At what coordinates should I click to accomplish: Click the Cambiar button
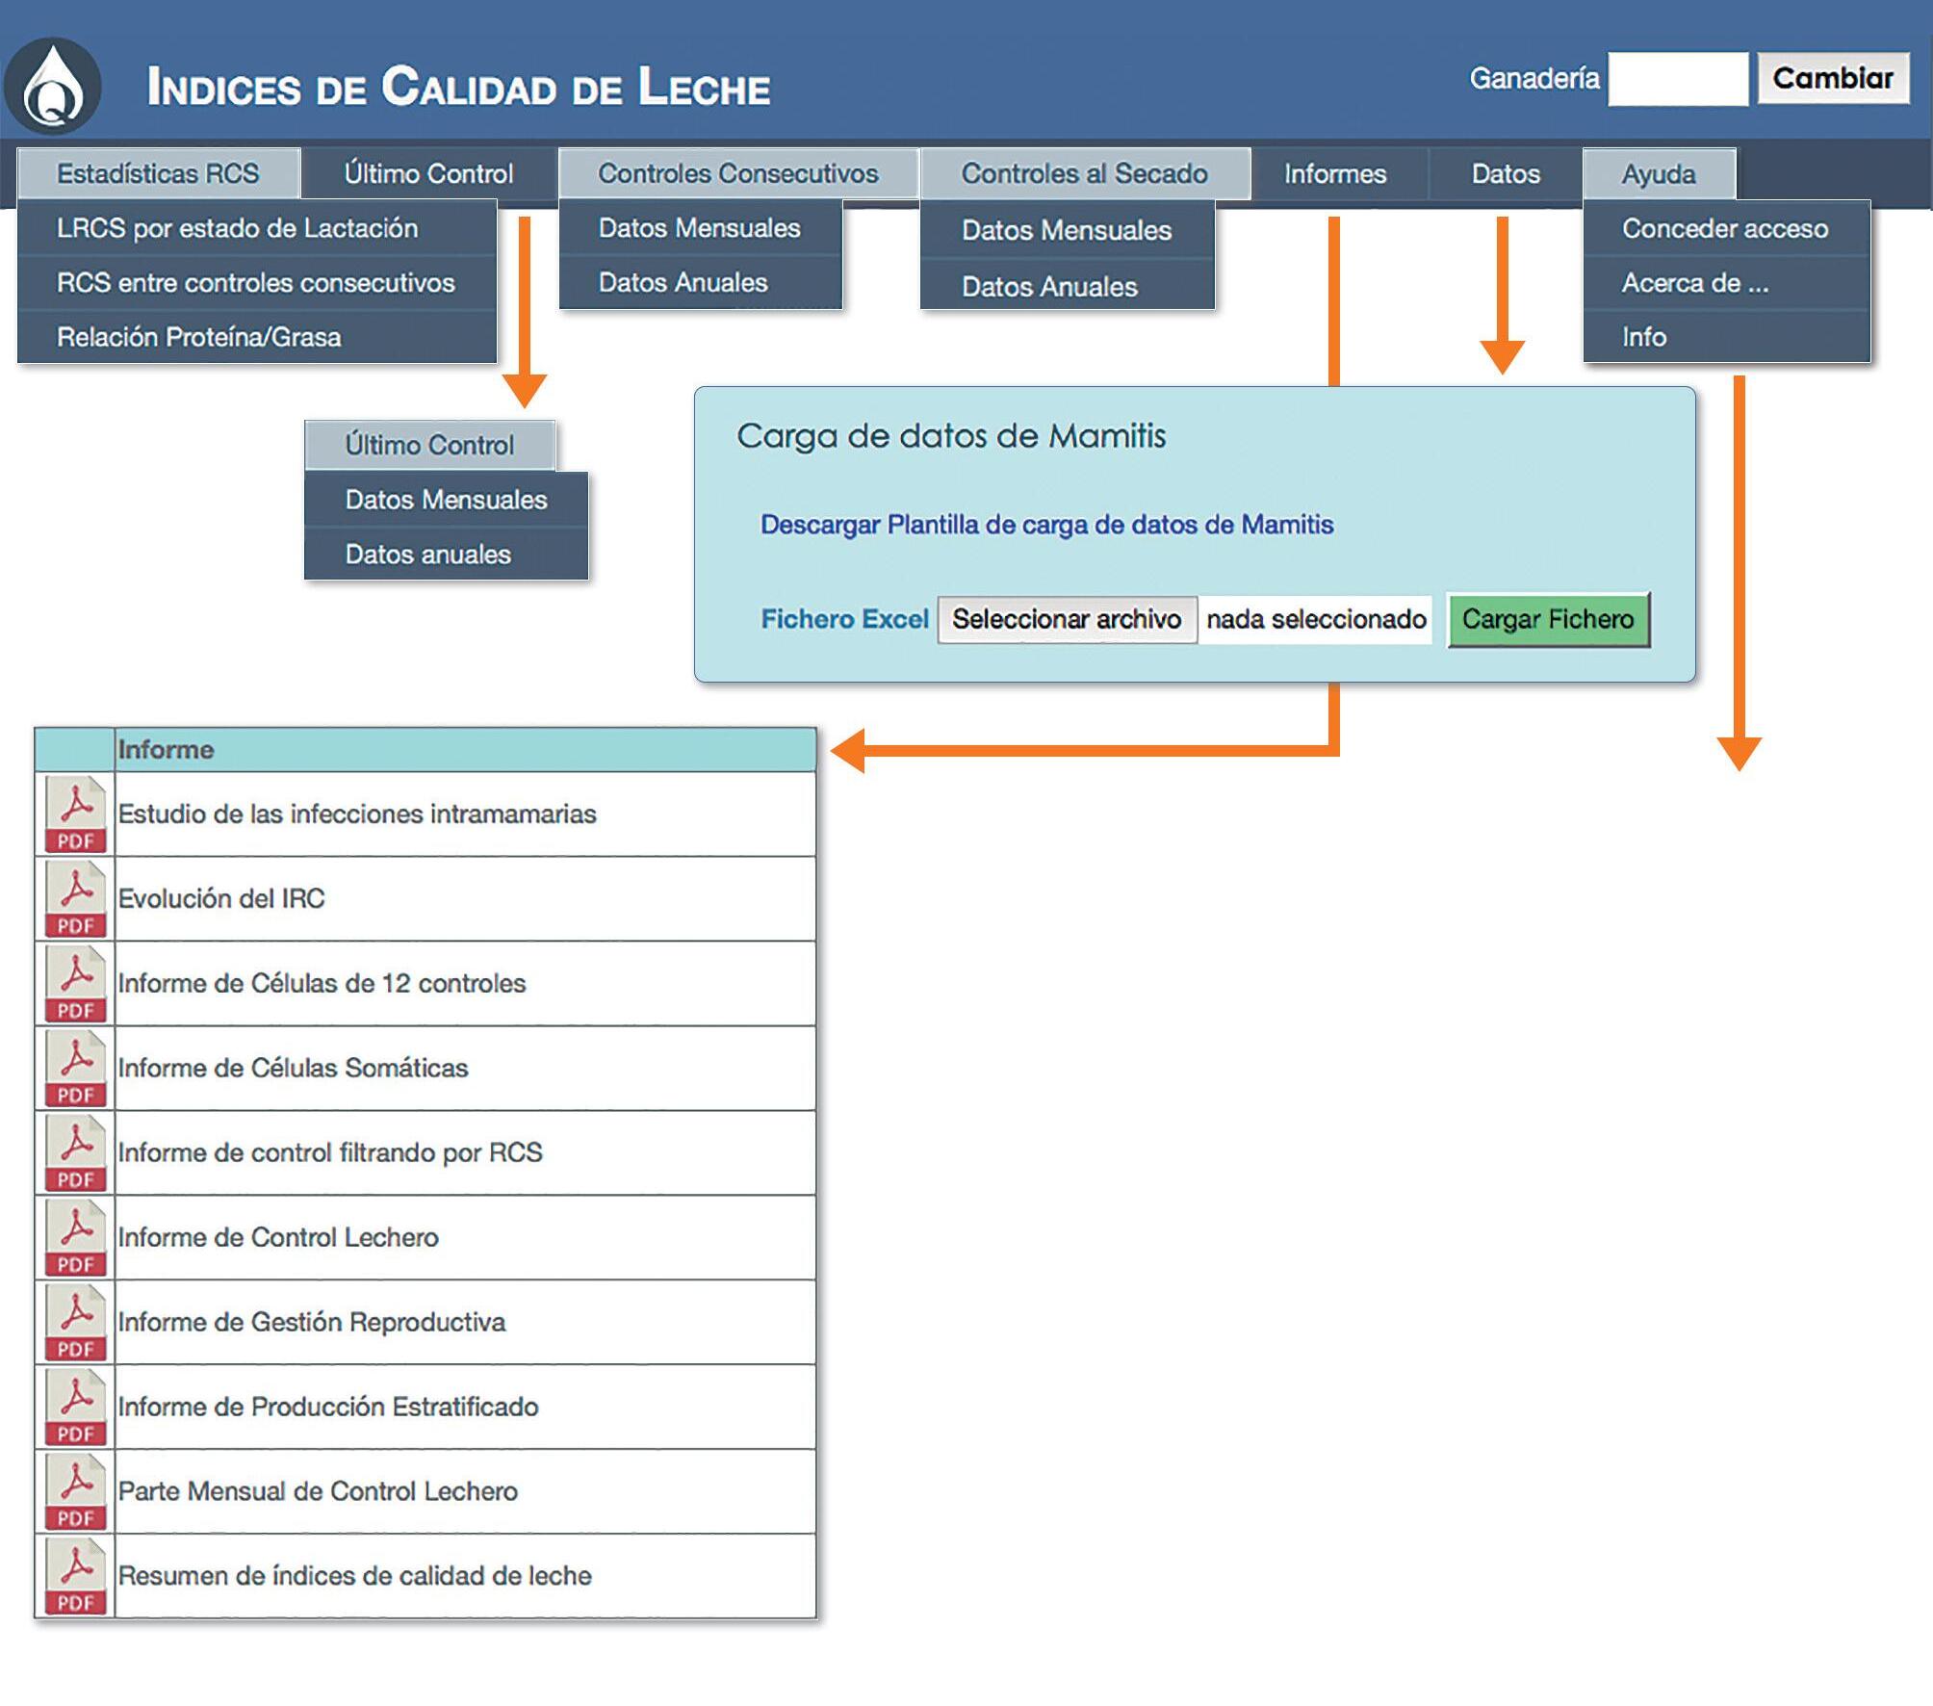(x=1833, y=78)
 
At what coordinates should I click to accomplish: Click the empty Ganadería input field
(x=1678, y=79)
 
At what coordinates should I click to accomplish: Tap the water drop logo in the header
(x=53, y=87)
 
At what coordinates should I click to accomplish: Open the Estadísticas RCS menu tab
(x=158, y=173)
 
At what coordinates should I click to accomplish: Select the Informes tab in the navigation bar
(x=1335, y=174)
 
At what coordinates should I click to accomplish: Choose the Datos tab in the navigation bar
(x=1506, y=174)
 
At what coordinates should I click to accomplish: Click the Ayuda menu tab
(x=1659, y=174)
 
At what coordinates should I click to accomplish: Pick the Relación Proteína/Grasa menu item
(x=199, y=337)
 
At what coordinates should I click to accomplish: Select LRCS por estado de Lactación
(x=237, y=228)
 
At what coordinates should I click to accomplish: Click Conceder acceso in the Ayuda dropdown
(x=1725, y=228)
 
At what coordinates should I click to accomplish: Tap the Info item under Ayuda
(x=1644, y=337)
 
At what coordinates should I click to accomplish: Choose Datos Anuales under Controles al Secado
(x=1049, y=286)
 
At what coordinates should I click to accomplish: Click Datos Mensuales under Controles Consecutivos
(x=699, y=228)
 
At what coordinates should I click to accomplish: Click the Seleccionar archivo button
(x=1067, y=619)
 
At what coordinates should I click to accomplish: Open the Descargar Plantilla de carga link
(x=1046, y=525)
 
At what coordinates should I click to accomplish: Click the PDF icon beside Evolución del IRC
(x=75, y=899)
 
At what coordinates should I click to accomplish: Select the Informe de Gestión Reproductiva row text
(x=312, y=1322)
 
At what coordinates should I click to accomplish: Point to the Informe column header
(x=166, y=749)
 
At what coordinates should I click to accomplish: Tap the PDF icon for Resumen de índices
(x=75, y=1576)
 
